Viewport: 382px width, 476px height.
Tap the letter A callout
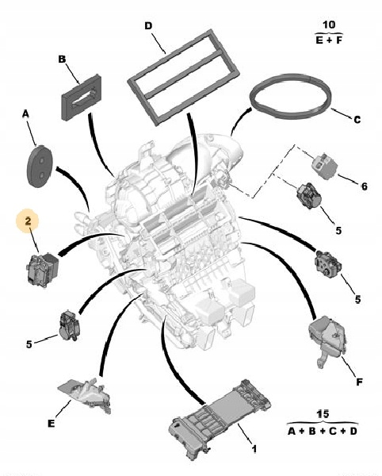[25, 114]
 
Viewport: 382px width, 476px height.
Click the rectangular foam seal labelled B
[82, 97]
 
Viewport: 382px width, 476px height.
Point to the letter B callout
[62, 59]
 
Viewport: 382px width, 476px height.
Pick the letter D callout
[147, 25]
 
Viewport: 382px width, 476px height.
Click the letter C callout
[357, 120]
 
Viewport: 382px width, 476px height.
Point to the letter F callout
[358, 383]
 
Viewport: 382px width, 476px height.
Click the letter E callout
[52, 424]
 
